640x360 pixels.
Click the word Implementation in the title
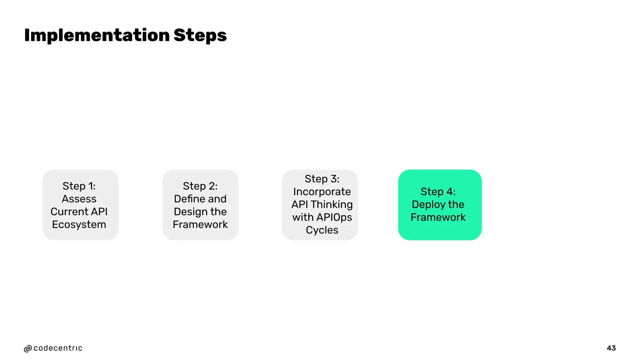[97, 35]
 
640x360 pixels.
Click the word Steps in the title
[200, 35]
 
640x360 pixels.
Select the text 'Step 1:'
[79, 186]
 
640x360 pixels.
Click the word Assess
[79, 199]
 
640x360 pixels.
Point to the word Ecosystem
[79, 224]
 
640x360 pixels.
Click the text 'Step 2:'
[200, 186]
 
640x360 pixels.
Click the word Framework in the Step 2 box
[200, 224]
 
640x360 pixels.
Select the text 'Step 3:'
[322, 179]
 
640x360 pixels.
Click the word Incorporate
[322, 192]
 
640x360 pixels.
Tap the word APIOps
[334, 217]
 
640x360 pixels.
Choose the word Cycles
[322, 230]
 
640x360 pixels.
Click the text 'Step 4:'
[438, 192]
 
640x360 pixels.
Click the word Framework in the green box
[438, 217]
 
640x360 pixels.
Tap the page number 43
[611, 348]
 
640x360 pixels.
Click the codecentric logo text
[58, 348]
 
